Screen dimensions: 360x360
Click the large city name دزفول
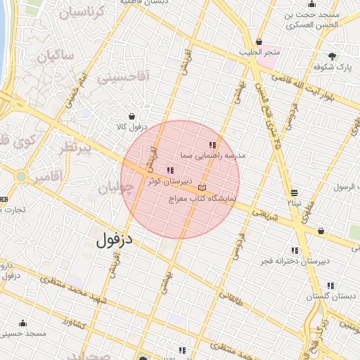[114, 240]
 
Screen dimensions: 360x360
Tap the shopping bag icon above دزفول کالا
[131, 116]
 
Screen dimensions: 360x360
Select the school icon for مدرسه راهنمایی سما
[212, 144]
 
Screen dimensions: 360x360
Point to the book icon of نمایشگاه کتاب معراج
[202, 188]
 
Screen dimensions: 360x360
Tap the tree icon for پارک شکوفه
[332, 56]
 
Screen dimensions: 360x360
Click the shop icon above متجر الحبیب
[259, 41]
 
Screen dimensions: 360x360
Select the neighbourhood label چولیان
[115, 188]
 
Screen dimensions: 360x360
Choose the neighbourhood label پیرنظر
[74, 149]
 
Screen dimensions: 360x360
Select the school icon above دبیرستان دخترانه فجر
[295, 250]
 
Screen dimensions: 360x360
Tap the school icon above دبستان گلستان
[330, 285]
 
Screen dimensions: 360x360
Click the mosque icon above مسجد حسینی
[23, 323]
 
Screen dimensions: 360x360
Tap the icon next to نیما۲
[293, 192]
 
